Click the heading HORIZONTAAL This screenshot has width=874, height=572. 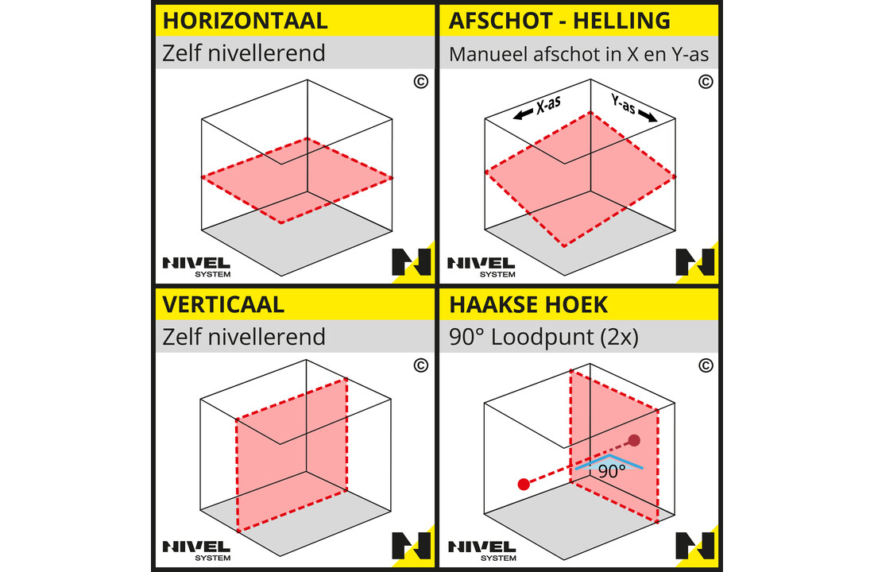tap(245, 20)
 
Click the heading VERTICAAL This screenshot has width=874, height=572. tap(222, 304)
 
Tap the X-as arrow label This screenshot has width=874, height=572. tap(537, 108)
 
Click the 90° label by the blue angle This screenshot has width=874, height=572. tap(612, 470)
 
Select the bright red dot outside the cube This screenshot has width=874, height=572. tap(523, 485)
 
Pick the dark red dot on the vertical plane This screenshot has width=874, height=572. tap(634, 440)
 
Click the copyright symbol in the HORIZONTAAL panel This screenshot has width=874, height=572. tap(420, 81)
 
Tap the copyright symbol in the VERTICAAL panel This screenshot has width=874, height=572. tap(420, 366)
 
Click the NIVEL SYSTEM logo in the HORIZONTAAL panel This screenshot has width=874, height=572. tap(196, 265)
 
